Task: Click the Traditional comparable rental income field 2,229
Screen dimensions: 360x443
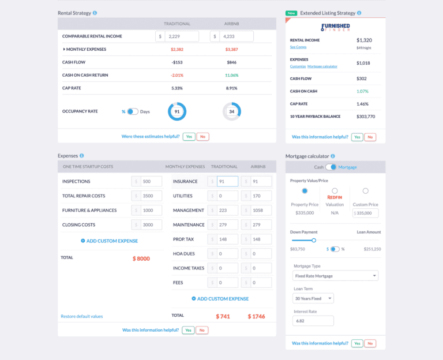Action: [182, 36]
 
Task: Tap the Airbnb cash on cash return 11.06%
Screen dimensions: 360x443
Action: [231, 75]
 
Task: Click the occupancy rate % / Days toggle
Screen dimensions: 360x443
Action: [132, 111]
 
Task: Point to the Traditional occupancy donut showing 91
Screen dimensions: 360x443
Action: [177, 111]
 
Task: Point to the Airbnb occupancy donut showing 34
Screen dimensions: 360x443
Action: [231, 111]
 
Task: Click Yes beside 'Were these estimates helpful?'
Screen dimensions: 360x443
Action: [189, 137]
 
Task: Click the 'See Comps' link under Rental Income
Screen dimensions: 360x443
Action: [298, 47]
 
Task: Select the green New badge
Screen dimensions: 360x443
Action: [291, 13]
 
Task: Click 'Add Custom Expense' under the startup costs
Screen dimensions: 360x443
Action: [109, 241]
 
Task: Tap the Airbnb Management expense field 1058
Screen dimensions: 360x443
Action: [260, 210]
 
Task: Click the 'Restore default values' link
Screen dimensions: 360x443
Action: [82, 316]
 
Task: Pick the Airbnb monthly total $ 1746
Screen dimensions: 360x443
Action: [257, 316]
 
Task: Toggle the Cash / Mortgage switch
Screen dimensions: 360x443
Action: [331, 167]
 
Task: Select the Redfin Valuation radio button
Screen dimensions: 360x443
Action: [335, 191]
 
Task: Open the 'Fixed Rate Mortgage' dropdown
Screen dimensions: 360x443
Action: [335, 276]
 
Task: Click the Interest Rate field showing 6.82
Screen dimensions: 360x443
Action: [313, 321]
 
